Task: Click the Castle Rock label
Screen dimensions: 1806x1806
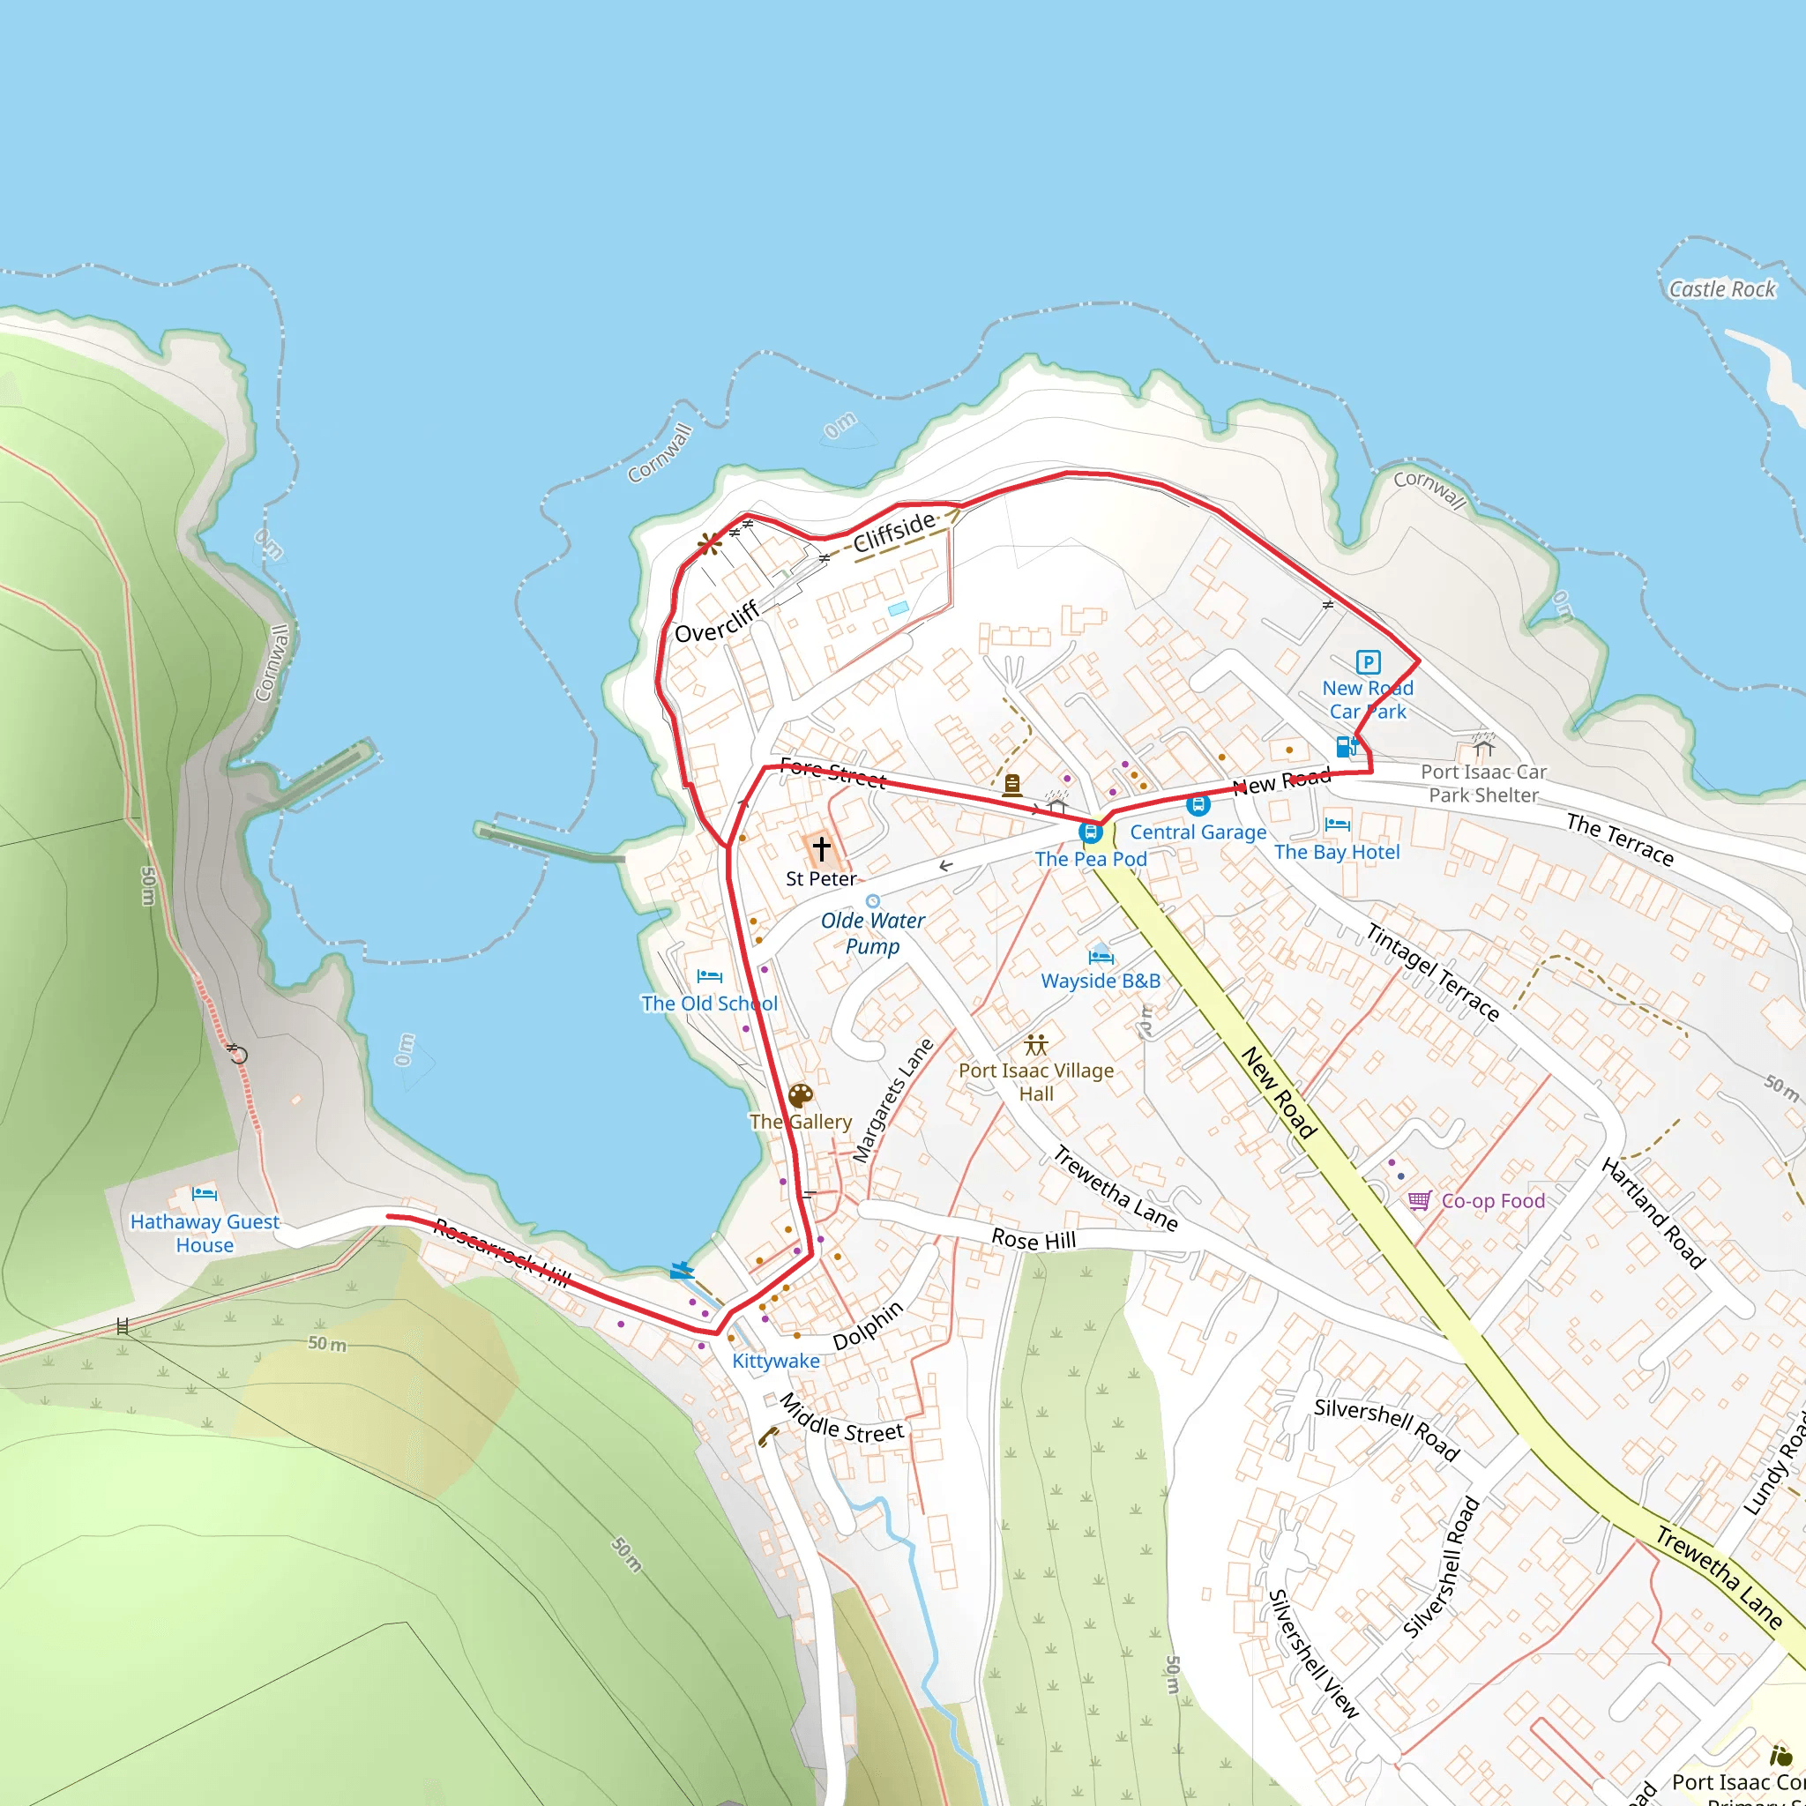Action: point(1722,290)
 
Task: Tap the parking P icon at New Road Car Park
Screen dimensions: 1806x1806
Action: point(1368,662)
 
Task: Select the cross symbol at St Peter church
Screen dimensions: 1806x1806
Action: point(821,847)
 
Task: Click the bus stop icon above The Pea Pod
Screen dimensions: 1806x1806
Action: point(1090,831)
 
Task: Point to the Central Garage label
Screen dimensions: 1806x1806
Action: point(1198,832)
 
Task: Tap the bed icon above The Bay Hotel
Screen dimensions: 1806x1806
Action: point(1337,825)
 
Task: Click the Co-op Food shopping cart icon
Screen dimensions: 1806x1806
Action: point(1419,1200)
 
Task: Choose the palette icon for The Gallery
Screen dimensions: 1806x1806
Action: point(800,1095)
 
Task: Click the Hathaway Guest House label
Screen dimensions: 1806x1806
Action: point(205,1233)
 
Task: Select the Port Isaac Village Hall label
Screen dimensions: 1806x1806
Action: point(1036,1081)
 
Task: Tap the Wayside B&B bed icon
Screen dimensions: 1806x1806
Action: point(1101,955)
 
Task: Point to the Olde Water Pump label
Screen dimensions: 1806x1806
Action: point(872,933)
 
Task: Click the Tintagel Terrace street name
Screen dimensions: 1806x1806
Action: point(1432,972)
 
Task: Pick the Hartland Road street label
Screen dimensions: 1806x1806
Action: point(1653,1213)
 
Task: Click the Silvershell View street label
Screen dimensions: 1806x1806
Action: point(1312,1653)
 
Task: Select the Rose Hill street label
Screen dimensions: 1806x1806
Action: point(1033,1240)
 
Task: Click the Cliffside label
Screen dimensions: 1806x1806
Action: point(893,531)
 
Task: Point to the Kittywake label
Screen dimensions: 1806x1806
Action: point(775,1361)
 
